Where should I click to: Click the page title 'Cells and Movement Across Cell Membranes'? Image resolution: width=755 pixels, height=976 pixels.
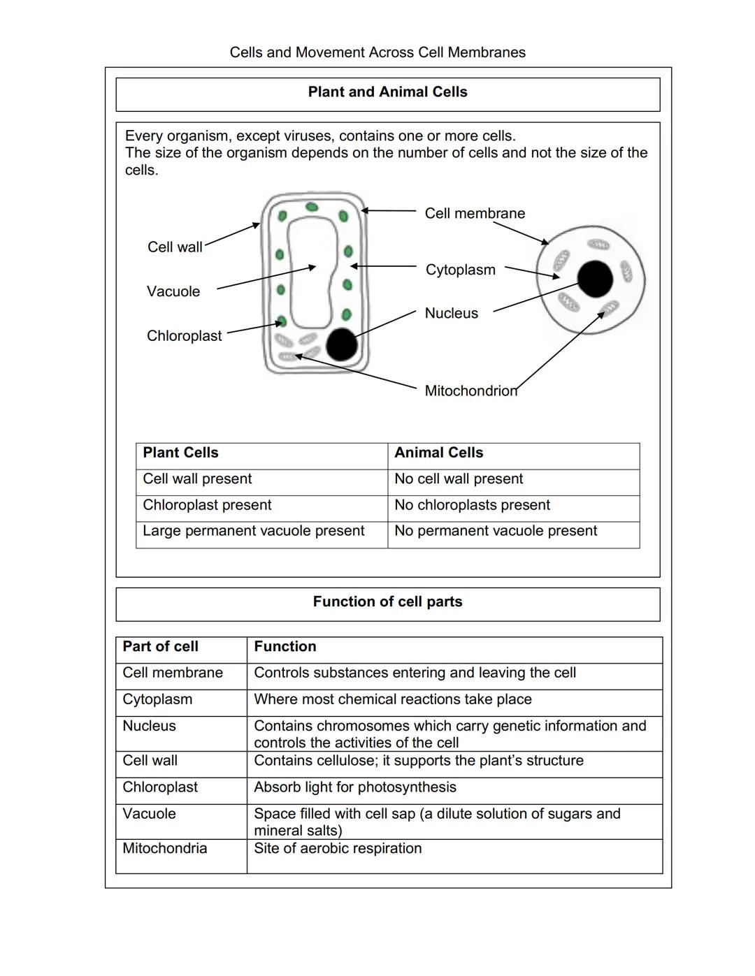pyautogui.click(x=377, y=52)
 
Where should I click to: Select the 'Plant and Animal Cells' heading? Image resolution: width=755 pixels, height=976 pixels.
pyautogui.click(x=387, y=92)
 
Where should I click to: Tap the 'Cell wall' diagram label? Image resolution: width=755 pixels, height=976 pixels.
pyautogui.click(x=175, y=247)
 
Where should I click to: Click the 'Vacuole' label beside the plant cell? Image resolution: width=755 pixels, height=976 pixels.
pyautogui.click(x=173, y=291)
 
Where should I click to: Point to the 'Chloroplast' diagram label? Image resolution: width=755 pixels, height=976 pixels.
pyautogui.click(x=184, y=336)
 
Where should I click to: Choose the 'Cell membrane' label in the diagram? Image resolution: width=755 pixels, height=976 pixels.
pyautogui.click(x=475, y=214)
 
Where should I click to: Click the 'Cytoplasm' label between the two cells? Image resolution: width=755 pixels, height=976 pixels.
pyautogui.click(x=460, y=270)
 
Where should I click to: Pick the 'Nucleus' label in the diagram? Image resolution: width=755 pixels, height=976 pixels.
pyautogui.click(x=451, y=314)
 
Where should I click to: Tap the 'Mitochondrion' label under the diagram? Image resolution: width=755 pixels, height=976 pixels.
pyautogui.click(x=470, y=391)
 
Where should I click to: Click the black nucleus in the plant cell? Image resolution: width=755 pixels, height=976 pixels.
pyautogui.click(x=341, y=344)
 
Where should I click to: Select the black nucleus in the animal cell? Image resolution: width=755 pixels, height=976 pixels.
pyautogui.click(x=595, y=279)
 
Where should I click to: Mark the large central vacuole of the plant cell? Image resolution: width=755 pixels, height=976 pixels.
pyautogui.click(x=310, y=272)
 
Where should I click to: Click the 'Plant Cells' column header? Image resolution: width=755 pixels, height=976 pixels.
pyautogui.click(x=180, y=453)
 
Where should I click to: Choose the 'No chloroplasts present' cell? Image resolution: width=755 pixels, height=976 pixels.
pyautogui.click(x=472, y=505)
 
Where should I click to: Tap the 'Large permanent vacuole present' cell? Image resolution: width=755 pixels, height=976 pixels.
pyautogui.click(x=253, y=531)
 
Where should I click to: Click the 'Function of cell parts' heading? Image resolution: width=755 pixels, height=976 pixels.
pyautogui.click(x=387, y=602)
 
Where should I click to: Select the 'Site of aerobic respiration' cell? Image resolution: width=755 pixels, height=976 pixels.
pyautogui.click(x=338, y=849)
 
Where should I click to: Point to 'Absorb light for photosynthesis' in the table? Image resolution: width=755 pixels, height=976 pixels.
pyautogui.click(x=354, y=787)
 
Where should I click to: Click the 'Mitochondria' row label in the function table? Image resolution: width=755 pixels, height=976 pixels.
pyautogui.click(x=164, y=849)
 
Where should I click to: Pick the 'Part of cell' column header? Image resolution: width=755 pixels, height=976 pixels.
pyautogui.click(x=160, y=647)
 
